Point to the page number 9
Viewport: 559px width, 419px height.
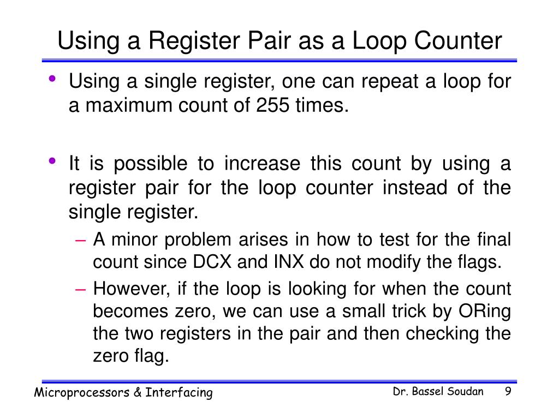(x=508, y=392)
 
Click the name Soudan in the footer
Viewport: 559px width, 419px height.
(x=464, y=392)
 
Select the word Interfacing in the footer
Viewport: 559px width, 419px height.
(x=179, y=393)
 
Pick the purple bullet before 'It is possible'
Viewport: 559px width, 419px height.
(x=52, y=160)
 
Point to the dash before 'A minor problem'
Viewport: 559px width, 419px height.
(x=80, y=239)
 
